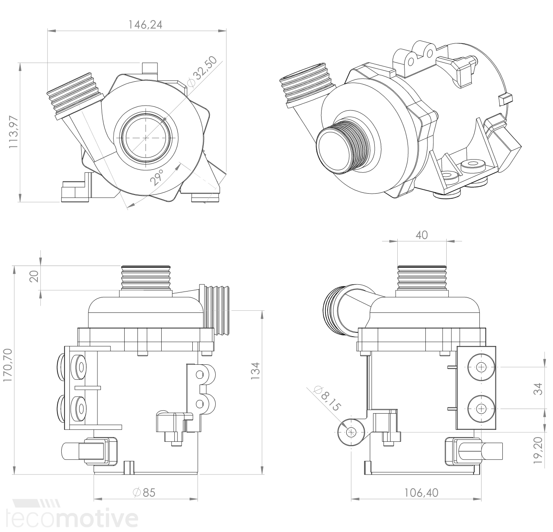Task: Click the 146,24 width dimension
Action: pos(145,25)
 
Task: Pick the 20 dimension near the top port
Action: pos(35,277)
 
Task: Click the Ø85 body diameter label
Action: pos(145,493)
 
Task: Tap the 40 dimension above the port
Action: pos(421,235)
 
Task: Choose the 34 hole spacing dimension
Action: pos(539,388)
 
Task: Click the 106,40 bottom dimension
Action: pos(421,493)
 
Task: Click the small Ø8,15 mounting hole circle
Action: pos(351,432)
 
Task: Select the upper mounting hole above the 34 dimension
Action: pos(481,367)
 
